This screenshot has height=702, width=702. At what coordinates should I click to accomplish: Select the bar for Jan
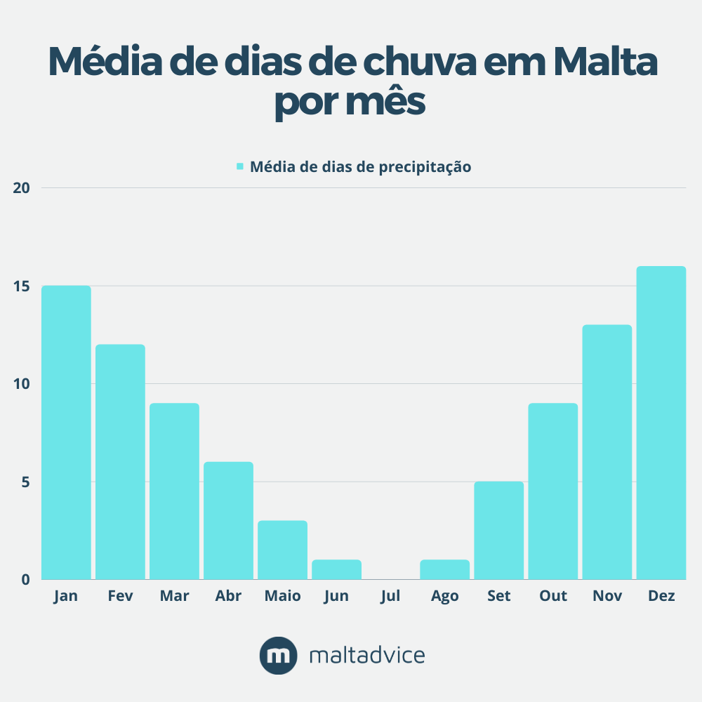66,432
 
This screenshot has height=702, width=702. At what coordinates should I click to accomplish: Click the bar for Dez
661,423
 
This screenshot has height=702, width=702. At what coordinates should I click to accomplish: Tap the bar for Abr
228,520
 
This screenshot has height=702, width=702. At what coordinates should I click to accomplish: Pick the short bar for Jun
337,569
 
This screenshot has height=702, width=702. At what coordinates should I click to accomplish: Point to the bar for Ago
445,569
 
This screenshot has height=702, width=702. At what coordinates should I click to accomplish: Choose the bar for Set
499,530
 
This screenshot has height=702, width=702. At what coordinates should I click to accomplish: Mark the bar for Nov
607,452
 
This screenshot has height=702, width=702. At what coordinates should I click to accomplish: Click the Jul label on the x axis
390,596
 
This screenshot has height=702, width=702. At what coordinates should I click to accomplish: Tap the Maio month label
282,596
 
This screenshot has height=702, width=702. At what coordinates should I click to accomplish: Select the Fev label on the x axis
120,596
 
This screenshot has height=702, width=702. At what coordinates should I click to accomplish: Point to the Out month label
553,596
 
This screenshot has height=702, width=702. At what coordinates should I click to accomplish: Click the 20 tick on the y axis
22,188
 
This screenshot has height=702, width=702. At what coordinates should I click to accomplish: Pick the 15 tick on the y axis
22,286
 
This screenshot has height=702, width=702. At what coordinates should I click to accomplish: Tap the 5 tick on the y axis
25,482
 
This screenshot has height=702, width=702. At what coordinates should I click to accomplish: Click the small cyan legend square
239,166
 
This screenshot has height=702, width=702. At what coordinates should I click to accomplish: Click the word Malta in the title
605,62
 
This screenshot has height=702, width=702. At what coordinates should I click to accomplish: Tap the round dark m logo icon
279,656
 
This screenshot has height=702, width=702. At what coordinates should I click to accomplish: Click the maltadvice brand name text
367,656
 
